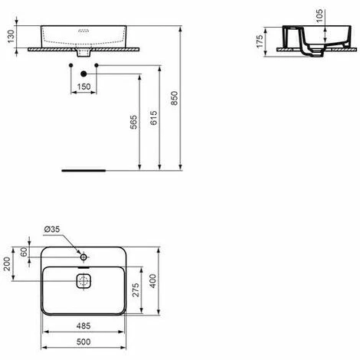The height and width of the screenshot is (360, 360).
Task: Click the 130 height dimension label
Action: (11, 37)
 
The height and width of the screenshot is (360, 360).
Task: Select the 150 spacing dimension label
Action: (83, 87)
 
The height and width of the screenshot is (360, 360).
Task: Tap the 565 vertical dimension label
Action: (134, 122)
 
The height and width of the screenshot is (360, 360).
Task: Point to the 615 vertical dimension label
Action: (154, 118)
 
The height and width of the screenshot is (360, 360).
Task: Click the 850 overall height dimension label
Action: (174, 98)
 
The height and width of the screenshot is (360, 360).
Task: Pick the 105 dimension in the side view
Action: (319, 16)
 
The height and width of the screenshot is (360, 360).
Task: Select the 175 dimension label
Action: (260, 41)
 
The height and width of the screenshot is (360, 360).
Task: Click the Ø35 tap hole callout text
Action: (52, 229)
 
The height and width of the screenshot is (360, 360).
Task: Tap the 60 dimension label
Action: (24, 252)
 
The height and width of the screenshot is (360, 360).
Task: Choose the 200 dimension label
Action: (7, 263)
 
